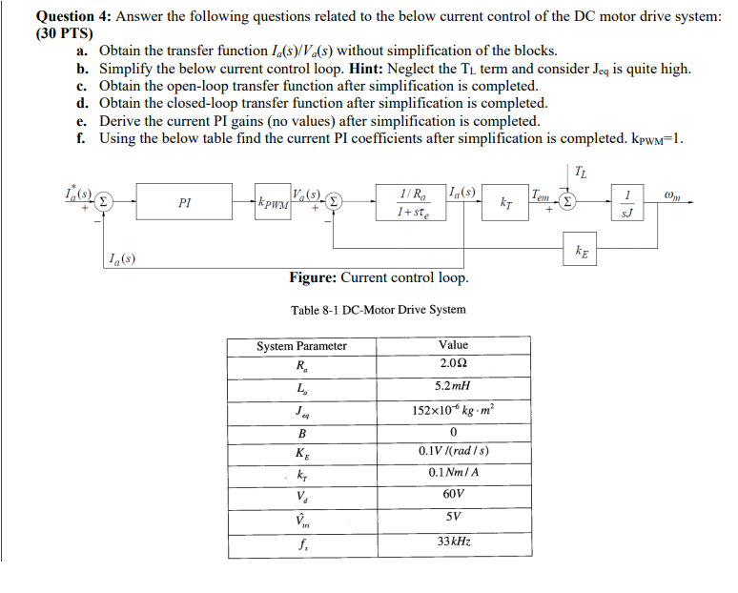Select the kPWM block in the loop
point(274,202)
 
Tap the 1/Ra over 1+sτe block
point(417,202)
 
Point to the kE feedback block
point(582,250)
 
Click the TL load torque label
point(582,172)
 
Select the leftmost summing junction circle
point(108,202)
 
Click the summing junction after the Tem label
point(566,202)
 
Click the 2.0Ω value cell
point(454,363)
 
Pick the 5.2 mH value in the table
point(454,386)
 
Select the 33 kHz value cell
point(454,541)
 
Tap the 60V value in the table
point(454,495)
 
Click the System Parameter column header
point(302,345)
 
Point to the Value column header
point(454,344)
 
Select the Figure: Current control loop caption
point(379,277)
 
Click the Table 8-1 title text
point(379,309)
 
